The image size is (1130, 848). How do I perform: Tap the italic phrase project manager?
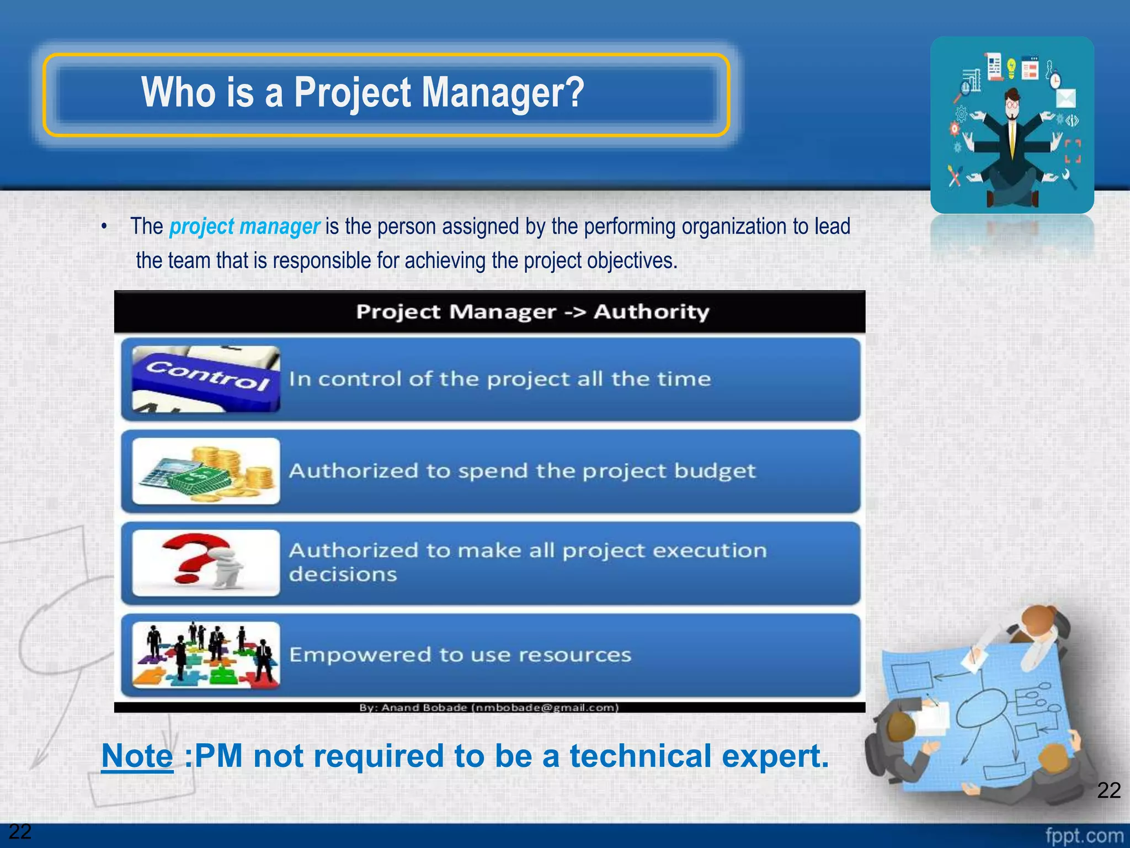(244, 226)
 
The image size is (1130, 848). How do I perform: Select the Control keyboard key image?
(206, 379)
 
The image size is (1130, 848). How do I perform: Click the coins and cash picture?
(206, 471)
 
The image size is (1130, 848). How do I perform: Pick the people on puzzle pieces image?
(206, 655)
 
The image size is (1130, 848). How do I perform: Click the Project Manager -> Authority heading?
(532, 312)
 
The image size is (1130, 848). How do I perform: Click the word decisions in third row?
(343, 574)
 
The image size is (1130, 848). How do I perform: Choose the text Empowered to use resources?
(460, 655)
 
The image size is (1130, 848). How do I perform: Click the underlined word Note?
(137, 756)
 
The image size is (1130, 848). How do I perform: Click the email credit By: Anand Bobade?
(489, 707)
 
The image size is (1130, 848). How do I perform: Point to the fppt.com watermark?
(1084, 835)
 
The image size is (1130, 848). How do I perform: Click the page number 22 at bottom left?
(20, 831)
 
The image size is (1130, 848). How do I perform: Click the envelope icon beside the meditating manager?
(1065, 98)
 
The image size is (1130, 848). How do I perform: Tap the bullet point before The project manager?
(104, 227)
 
